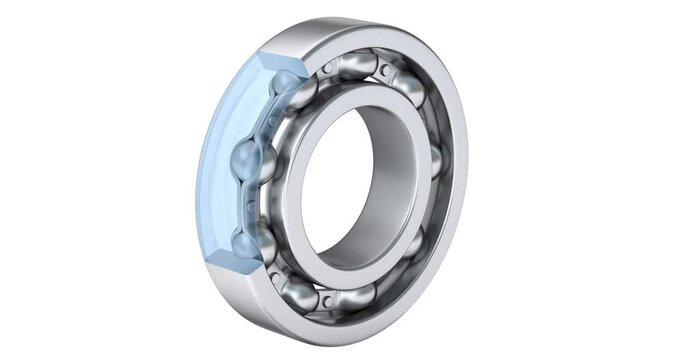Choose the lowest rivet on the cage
click(326, 299)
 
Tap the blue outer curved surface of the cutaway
click(214, 160)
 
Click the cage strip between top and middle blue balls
click(265, 120)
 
